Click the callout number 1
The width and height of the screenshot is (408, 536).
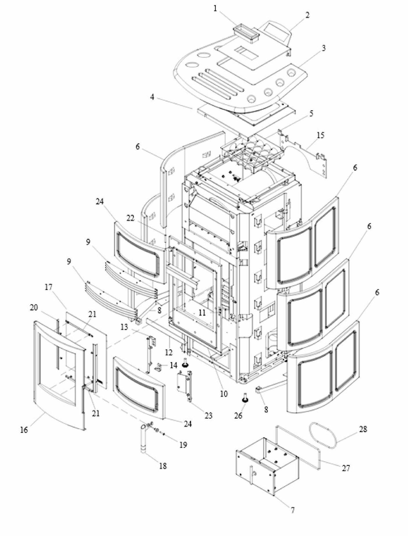tap(215, 9)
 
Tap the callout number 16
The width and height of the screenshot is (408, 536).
tap(24, 430)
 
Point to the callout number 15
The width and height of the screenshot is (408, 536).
tap(320, 135)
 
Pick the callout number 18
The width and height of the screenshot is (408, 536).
tap(163, 466)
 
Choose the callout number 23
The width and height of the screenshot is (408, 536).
tap(208, 416)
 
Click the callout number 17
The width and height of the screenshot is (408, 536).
tap(48, 287)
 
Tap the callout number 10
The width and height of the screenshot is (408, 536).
tap(224, 394)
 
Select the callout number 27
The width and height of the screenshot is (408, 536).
tap(346, 468)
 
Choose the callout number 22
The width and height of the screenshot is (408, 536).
tap(130, 218)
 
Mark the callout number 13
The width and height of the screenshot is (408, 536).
tap(124, 328)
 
